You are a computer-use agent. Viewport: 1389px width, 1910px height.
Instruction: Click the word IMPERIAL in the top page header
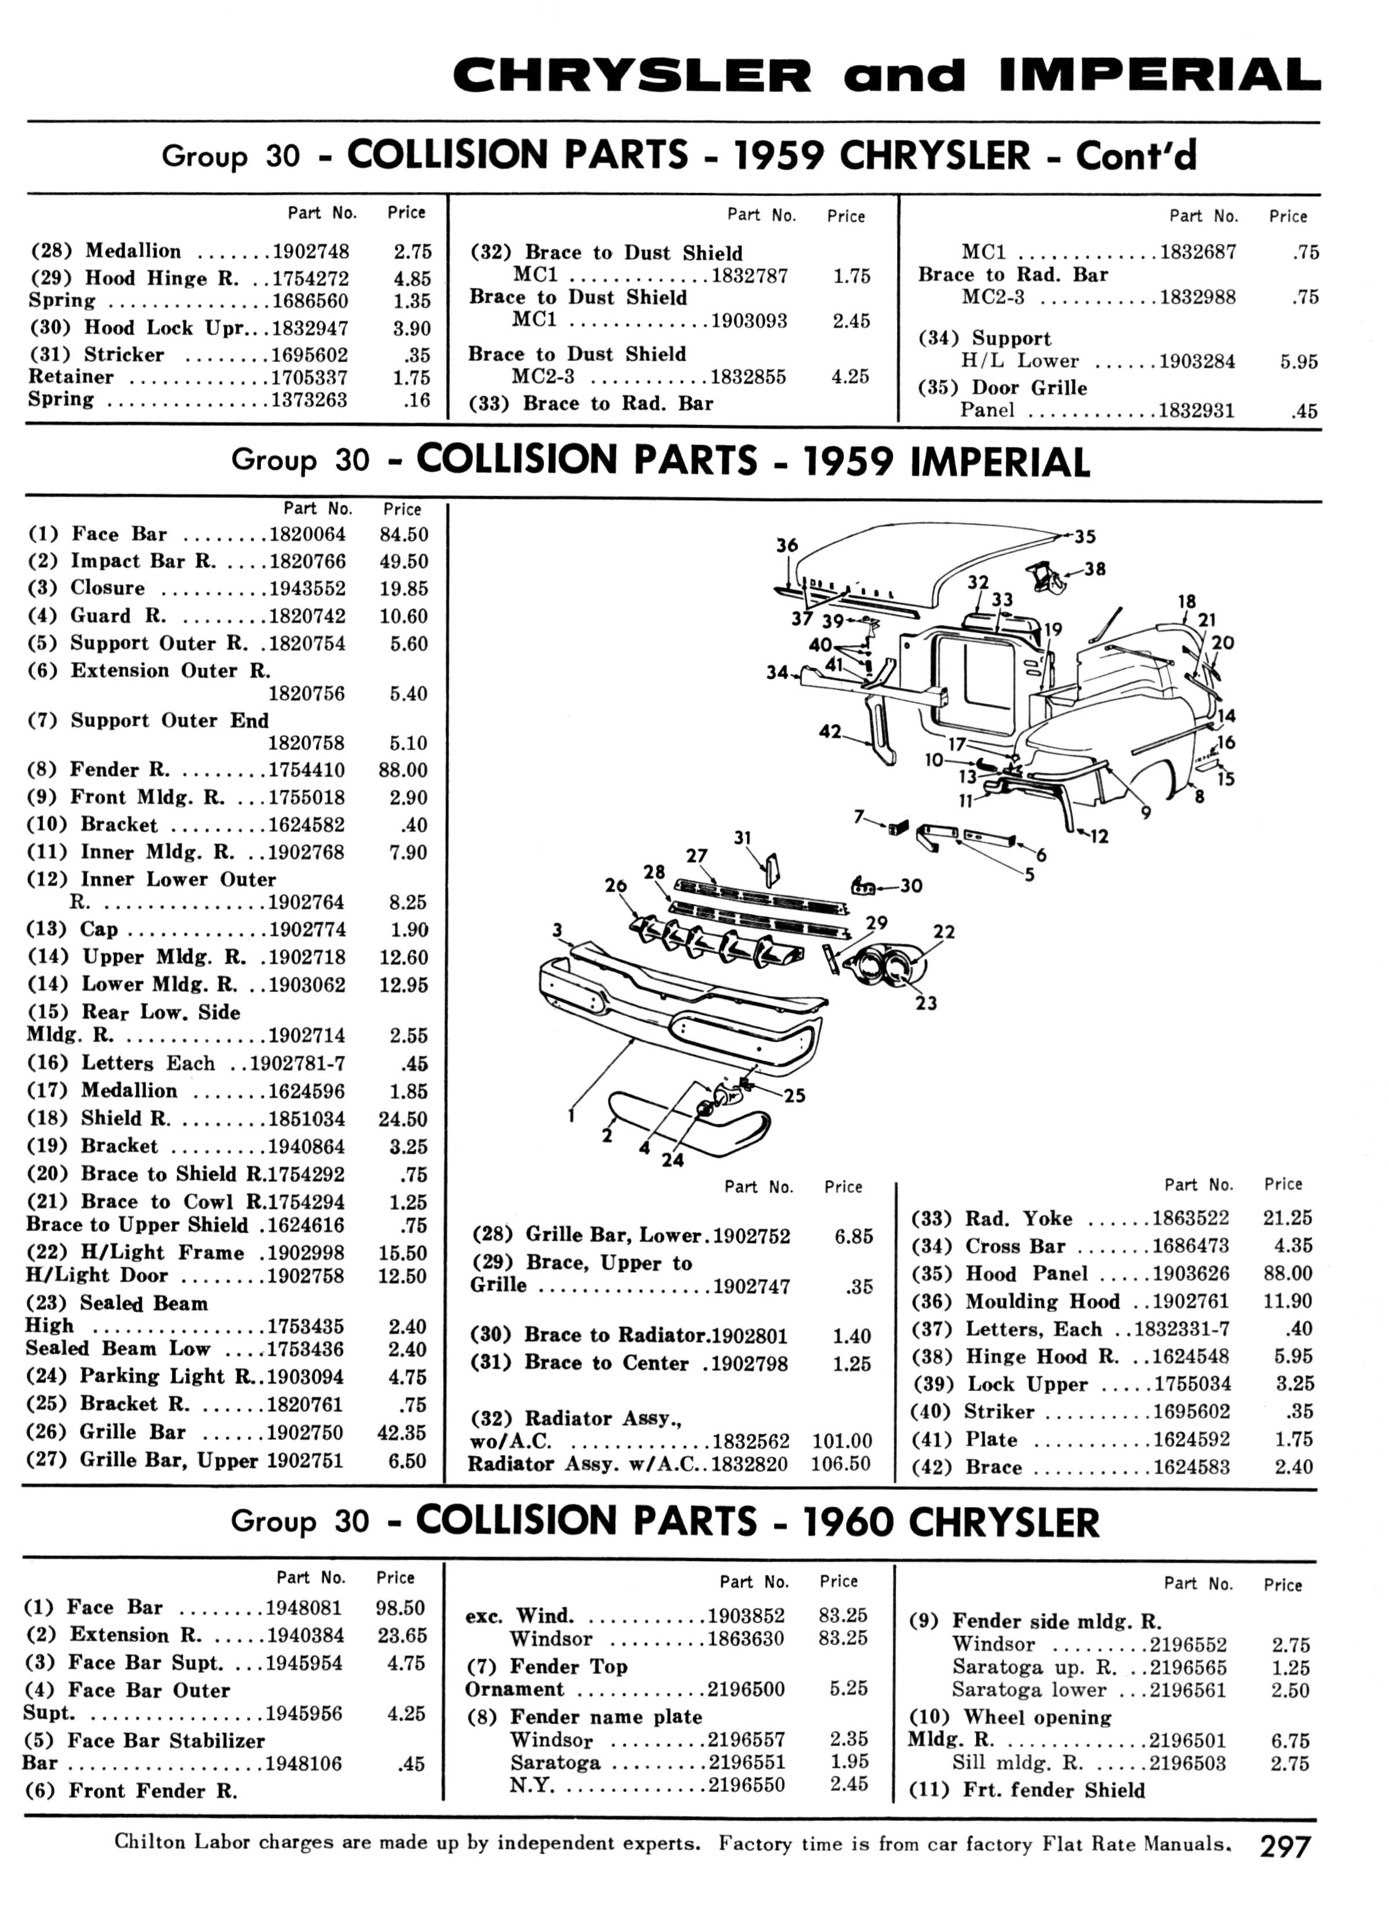(1160, 76)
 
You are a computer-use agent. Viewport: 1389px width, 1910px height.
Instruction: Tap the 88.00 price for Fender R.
(403, 770)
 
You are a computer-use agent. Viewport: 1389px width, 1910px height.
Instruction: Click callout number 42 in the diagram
(831, 732)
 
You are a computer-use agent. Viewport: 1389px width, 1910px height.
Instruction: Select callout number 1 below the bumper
(571, 1115)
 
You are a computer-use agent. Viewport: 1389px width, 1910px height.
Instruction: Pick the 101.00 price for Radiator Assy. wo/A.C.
(842, 1441)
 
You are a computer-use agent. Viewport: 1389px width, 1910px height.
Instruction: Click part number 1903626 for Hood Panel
(1191, 1273)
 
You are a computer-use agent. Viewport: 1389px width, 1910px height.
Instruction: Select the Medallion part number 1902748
(310, 251)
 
